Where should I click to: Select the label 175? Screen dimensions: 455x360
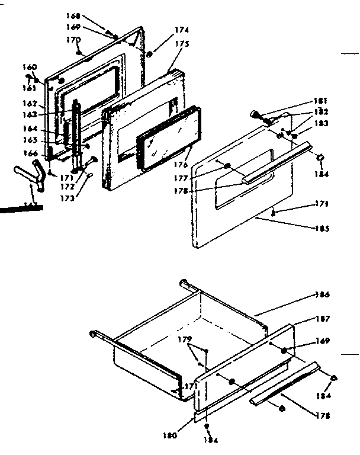coord(181,43)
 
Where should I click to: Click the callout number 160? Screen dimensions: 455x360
coord(29,66)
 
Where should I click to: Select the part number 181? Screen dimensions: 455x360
coord(322,101)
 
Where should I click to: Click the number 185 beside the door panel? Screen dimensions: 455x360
coord(322,228)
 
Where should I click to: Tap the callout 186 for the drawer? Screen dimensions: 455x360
coord(323,294)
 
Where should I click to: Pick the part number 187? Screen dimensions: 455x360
coord(323,319)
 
